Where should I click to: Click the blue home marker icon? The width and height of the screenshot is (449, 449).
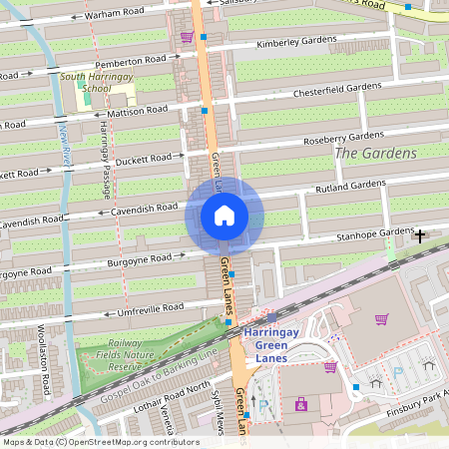point(224,216)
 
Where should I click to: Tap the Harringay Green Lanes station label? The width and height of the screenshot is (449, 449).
point(283,340)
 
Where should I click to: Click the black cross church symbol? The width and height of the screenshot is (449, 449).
point(420,236)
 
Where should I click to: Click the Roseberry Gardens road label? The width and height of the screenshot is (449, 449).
point(343,137)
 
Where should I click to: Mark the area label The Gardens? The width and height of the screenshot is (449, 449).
point(375,153)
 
